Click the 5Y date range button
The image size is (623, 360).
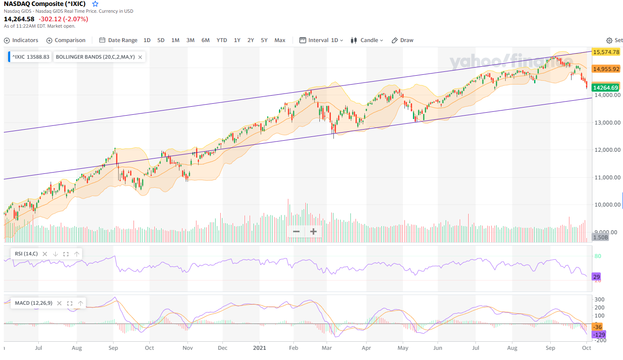[264, 40]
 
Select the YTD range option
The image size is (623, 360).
[222, 40]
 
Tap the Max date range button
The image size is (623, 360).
[280, 40]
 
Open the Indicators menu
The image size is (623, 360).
[21, 40]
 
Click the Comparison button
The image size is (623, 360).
[66, 40]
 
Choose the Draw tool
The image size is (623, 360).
[402, 40]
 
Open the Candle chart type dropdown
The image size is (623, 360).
[367, 40]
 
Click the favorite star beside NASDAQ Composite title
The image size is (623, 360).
[95, 4]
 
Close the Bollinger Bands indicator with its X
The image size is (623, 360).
[140, 57]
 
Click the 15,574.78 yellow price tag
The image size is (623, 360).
[606, 52]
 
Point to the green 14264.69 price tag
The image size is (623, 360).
[606, 88]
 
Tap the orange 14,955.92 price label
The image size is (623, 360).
[606, 69]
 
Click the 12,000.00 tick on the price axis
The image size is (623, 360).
[607, 150]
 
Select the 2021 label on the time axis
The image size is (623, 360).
[259, 348]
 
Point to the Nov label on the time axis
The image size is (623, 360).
[188, 348]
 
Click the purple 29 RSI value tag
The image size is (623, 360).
[597, 277]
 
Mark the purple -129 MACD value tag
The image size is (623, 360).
[599, 334]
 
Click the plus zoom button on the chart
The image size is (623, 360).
[313, 232]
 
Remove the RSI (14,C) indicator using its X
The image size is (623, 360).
[45, 254]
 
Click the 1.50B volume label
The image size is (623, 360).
[600, 237]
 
